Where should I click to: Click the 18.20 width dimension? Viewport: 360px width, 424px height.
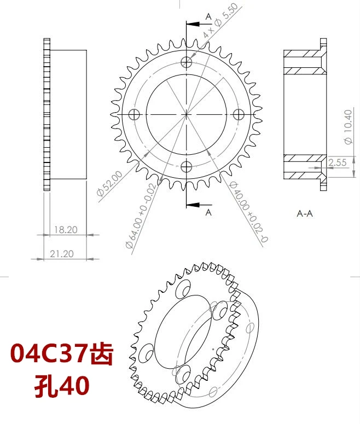[65, 230]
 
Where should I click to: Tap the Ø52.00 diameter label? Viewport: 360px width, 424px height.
[108, 184]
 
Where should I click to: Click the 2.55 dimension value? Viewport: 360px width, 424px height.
[340, 162]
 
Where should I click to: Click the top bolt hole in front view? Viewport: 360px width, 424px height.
[187, 61]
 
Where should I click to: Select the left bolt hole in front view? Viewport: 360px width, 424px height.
[135, 114]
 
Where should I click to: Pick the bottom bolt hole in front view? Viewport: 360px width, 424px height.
[187, 166]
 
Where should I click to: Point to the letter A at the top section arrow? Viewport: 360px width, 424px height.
[208, 17]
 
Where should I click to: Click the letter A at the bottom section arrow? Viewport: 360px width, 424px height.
[208, 212]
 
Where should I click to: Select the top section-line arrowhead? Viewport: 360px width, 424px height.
[191, 24]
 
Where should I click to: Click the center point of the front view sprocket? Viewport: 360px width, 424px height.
[187, 114]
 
